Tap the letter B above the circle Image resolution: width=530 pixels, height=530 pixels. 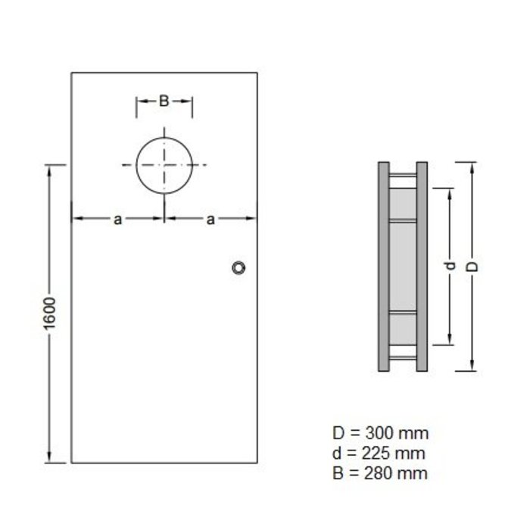click(x=164, y=101)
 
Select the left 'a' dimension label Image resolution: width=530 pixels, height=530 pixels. click(x=117, y=220)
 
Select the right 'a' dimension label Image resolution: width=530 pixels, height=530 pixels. click(x=210, y=220)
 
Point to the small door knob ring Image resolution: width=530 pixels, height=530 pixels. click(x=239, y=267)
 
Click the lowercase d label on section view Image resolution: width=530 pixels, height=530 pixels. click(x=450, y=267)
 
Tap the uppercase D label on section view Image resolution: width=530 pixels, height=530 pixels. click(x=470, y=267)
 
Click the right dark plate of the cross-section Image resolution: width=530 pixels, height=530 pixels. click(x=422, y=267)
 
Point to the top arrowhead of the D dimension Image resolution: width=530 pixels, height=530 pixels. click(x=470, y=167)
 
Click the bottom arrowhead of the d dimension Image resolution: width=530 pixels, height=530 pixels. click(x=450, y=338)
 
